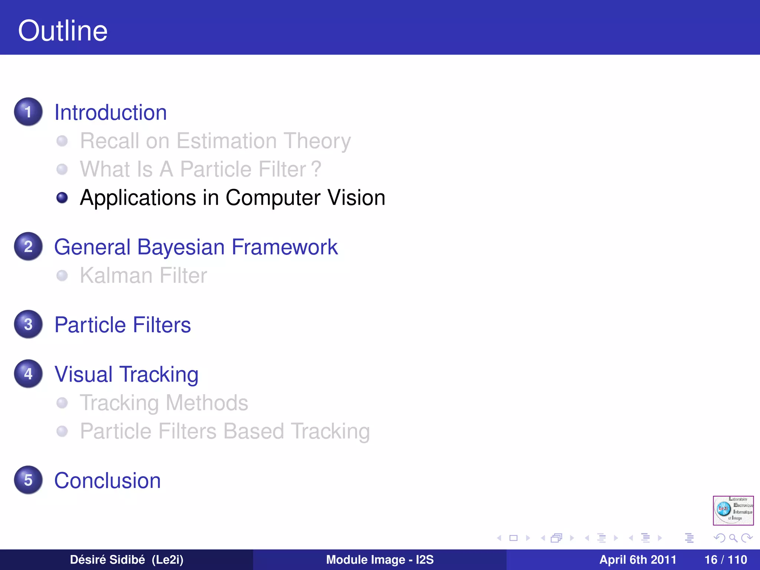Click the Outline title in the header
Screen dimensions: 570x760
[63, 31]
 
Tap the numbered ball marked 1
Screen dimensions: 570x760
[28, 112]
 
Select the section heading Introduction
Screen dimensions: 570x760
[110, 112]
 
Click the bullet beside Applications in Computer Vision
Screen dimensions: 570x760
[62, 197]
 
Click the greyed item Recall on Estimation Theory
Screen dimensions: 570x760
[215, 141]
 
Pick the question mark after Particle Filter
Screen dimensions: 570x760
[316, 169]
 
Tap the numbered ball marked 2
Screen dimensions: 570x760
[28, 246]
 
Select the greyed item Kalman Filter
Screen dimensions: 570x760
[143, 276]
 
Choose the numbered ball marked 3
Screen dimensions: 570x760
[28, 324]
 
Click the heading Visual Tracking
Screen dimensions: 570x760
[126, 374]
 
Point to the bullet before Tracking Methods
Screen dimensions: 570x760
[62, 403]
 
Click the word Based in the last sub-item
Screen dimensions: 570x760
[253, 431]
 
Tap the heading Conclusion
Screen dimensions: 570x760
[107, 481]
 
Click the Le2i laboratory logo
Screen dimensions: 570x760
[733, 510]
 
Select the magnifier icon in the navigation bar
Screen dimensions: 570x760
[733, 538]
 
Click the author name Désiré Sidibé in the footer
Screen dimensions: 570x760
[107, 560]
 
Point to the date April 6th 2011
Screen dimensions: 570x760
[638, 560]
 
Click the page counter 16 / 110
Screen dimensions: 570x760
[725, 560]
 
